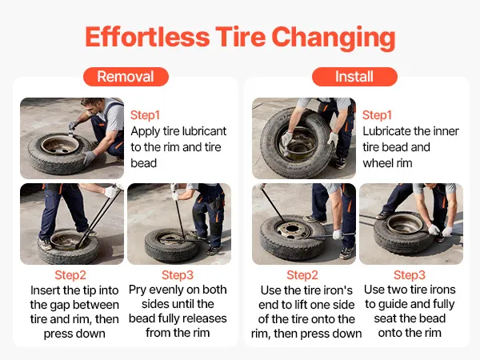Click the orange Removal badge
(126, 77)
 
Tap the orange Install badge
(354, 77)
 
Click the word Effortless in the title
(147, 37)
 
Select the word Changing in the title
(334, 38)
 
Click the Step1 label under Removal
(145, 115)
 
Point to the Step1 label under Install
(377, 115)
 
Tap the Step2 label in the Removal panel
(70, 275)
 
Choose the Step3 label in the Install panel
(410, 275)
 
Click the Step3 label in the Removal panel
(178, 275)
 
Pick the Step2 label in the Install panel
(302, 275)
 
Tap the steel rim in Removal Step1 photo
(60, 145)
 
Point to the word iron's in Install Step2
(338, 290)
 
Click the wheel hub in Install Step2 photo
(292, 230)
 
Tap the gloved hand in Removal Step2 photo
(111, 192)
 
